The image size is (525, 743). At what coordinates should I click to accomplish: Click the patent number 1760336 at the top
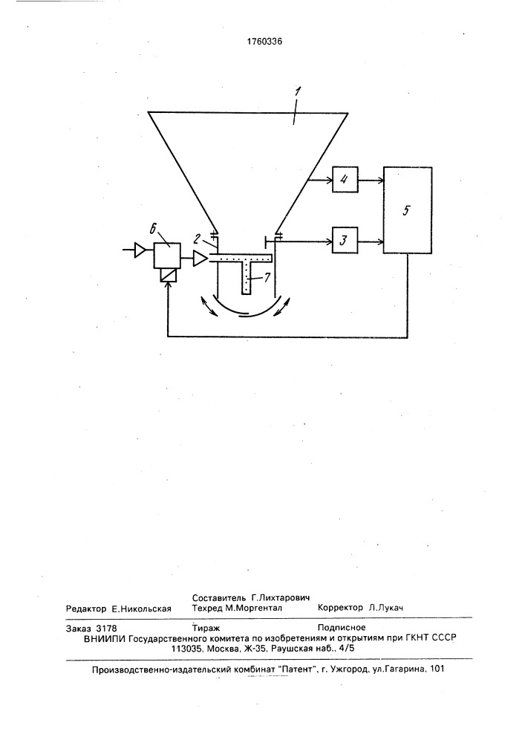click(264, 41)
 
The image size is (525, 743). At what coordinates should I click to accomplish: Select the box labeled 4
click(345, 180)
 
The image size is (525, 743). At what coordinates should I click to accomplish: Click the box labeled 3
click(345, 241)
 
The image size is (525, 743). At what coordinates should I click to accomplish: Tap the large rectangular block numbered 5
click(407, 210)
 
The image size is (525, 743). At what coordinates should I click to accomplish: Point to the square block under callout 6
click(166, 256)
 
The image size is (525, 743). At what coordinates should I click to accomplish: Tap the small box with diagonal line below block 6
click(166, 276)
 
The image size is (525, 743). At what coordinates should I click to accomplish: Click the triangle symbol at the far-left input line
click(140, 250)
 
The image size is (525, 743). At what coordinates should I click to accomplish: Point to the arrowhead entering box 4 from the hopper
click(329, 180)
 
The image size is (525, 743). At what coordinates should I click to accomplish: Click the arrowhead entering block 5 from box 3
click(379, 241)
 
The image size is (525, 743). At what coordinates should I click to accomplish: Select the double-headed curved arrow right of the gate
click(283, 305)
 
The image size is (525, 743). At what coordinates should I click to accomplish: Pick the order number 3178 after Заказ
click(106, 629)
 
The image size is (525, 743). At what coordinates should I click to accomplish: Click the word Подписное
click(342, 628)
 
